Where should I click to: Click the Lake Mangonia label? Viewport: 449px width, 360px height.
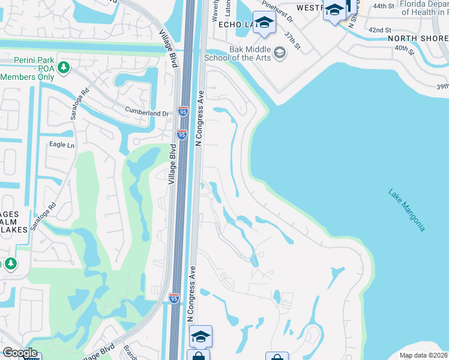point(406,210)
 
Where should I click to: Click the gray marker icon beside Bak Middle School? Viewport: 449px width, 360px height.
point(279,53)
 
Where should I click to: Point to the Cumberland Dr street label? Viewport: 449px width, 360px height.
point(147,112)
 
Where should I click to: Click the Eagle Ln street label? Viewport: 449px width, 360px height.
point(62,145)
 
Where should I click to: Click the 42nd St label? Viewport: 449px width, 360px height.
point(379,29)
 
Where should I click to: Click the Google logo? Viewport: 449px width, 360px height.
point(20,353)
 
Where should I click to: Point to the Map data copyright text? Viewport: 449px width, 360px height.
point(424,355)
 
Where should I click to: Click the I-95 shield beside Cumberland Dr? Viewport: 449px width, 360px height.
point(183,112)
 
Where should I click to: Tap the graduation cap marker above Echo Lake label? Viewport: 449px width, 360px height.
point(262,22)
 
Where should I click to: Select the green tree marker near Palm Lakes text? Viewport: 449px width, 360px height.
point(10,264)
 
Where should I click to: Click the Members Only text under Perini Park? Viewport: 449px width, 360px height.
point(27,77)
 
